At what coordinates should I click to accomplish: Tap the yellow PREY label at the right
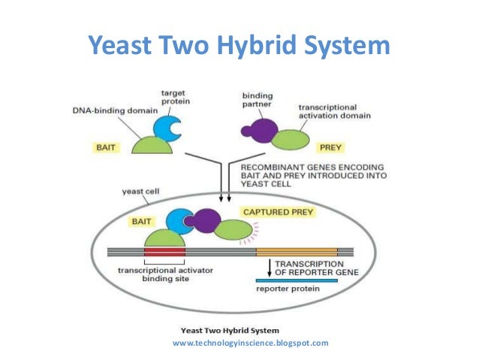tap(330, 148)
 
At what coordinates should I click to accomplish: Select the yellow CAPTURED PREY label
tap(278, 212)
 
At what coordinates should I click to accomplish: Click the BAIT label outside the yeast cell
tap(106, 148)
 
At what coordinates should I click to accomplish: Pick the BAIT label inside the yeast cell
tap(141, 222)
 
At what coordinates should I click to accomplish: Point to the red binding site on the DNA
tap(164, 253)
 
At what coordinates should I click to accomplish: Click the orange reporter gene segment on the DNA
tap(297, 253)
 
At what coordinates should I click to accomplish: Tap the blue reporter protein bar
tap(297, 280)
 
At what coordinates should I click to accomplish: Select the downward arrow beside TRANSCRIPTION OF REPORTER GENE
tap(270, 268)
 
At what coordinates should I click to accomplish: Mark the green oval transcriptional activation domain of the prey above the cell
tap(291, 140)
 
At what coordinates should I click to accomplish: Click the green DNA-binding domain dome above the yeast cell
tap(152, 146)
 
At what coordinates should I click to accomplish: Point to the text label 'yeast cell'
tap(140, 192)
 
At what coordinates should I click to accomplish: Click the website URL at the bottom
tap(251, 343)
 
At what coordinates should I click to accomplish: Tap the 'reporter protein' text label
tap(288, 289)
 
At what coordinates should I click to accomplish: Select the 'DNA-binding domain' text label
tap(115, 110)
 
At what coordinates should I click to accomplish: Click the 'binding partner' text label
tap(258, 100)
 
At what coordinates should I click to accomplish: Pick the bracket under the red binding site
tap(164, 262)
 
